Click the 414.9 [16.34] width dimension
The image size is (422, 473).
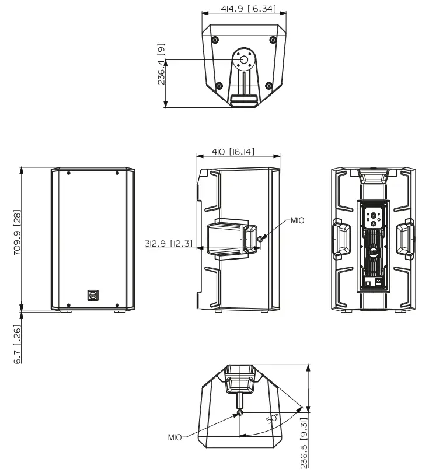[249, 8]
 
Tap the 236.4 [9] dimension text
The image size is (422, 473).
[161, 64]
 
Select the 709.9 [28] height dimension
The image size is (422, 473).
[17, 233]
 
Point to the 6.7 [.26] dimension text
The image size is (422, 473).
[18, 344]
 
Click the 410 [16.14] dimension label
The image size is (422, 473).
[233, 152]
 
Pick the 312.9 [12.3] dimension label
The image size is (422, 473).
[169, 243]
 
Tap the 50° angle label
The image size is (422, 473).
[272, 418]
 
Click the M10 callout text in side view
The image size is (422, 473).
[297, 220]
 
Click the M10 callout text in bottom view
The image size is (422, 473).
[175, 437]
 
